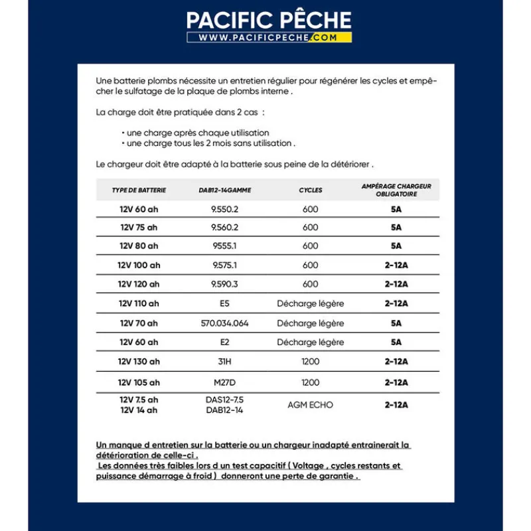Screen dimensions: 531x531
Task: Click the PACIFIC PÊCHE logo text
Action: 269,19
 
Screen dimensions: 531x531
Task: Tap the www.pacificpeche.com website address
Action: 269,38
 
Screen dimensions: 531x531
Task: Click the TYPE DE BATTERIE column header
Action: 139,190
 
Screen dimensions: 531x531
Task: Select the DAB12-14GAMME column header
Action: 225,190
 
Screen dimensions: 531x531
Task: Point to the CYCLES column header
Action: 311,190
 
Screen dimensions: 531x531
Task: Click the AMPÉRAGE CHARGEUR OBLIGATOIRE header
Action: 396,190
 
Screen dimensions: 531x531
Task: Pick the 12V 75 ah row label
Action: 139,227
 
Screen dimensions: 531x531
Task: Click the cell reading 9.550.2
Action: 225,209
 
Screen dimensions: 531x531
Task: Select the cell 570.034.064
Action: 225,323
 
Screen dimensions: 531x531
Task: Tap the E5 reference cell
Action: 225,303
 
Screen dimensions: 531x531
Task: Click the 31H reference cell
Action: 225,362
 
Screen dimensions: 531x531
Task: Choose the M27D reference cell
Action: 225,382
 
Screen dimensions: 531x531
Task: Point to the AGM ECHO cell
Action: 311,405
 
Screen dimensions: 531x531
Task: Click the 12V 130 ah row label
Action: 139,362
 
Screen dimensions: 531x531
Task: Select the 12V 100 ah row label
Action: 139,265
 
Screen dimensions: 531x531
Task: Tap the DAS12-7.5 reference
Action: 225,400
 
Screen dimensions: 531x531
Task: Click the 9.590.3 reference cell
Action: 225,284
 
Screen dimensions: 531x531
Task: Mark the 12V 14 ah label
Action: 139,410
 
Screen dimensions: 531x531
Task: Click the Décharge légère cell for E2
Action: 311,342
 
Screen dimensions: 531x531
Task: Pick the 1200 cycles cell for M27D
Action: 311,382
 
